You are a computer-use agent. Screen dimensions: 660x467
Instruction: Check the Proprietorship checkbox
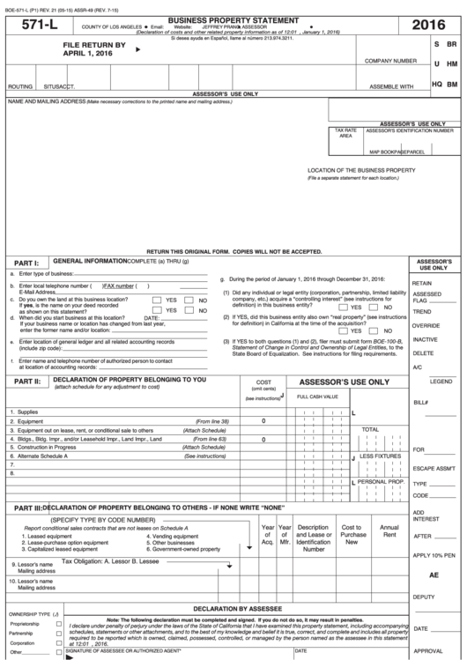(59, 624)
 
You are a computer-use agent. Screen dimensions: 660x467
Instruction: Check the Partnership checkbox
(59, 634)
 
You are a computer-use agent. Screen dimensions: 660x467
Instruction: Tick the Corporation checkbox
(59, 643)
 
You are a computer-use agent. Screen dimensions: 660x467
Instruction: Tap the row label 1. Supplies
(24, 412)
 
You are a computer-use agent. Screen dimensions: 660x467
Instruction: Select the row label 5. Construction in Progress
(45, 447)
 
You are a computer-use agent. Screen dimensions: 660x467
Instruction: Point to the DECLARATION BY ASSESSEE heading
(233, 609)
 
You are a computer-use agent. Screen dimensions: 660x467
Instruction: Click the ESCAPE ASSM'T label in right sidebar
(434, 468)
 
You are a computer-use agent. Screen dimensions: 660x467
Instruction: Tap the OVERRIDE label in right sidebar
(426, 325)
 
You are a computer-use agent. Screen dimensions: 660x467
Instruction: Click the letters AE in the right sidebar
(434, 575)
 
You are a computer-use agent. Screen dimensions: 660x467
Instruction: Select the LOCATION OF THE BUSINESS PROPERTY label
(361, 170)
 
